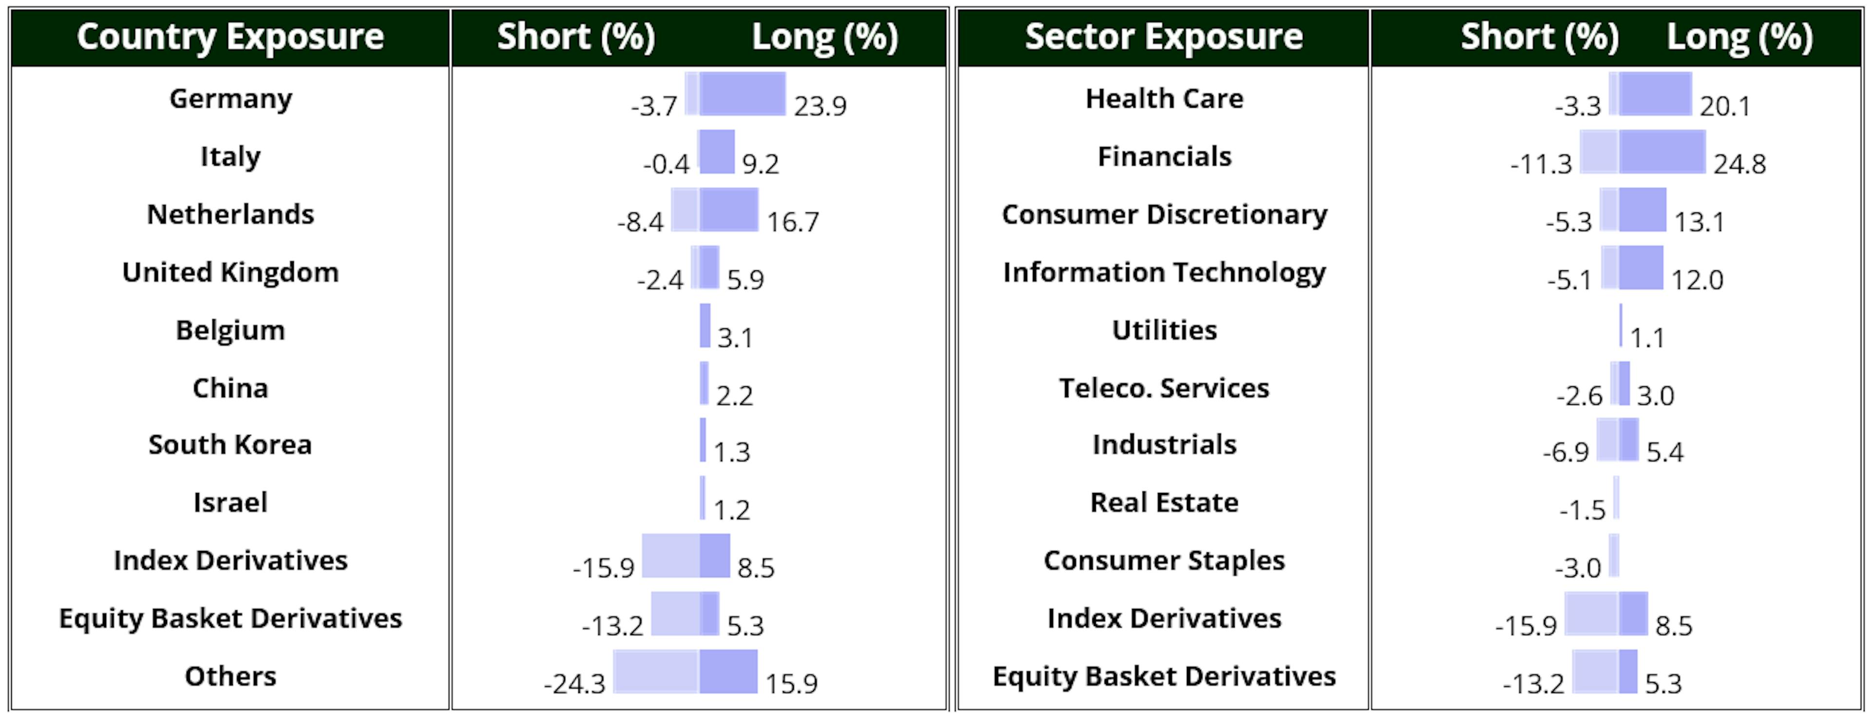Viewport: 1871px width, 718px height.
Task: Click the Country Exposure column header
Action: (x=230, y=37)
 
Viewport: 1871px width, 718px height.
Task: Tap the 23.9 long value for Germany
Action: (x=820, y=107)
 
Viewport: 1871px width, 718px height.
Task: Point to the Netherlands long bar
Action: (x=728, y=210)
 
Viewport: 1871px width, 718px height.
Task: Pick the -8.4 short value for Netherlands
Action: (x=640, y=222)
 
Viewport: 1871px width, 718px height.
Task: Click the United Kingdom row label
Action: (x=230, y=272)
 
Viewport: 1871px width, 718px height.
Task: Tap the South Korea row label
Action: (x=230, y=444)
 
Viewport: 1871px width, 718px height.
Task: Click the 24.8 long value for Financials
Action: (x=1739, y=165)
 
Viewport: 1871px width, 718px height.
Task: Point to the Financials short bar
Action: (x=1599, y=151)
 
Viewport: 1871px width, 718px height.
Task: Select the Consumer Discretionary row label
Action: (x=1165, y=215)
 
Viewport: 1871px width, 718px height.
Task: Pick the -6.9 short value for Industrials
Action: (x=1566, y=453)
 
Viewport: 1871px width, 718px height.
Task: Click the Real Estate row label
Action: (x=1165, y=502)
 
